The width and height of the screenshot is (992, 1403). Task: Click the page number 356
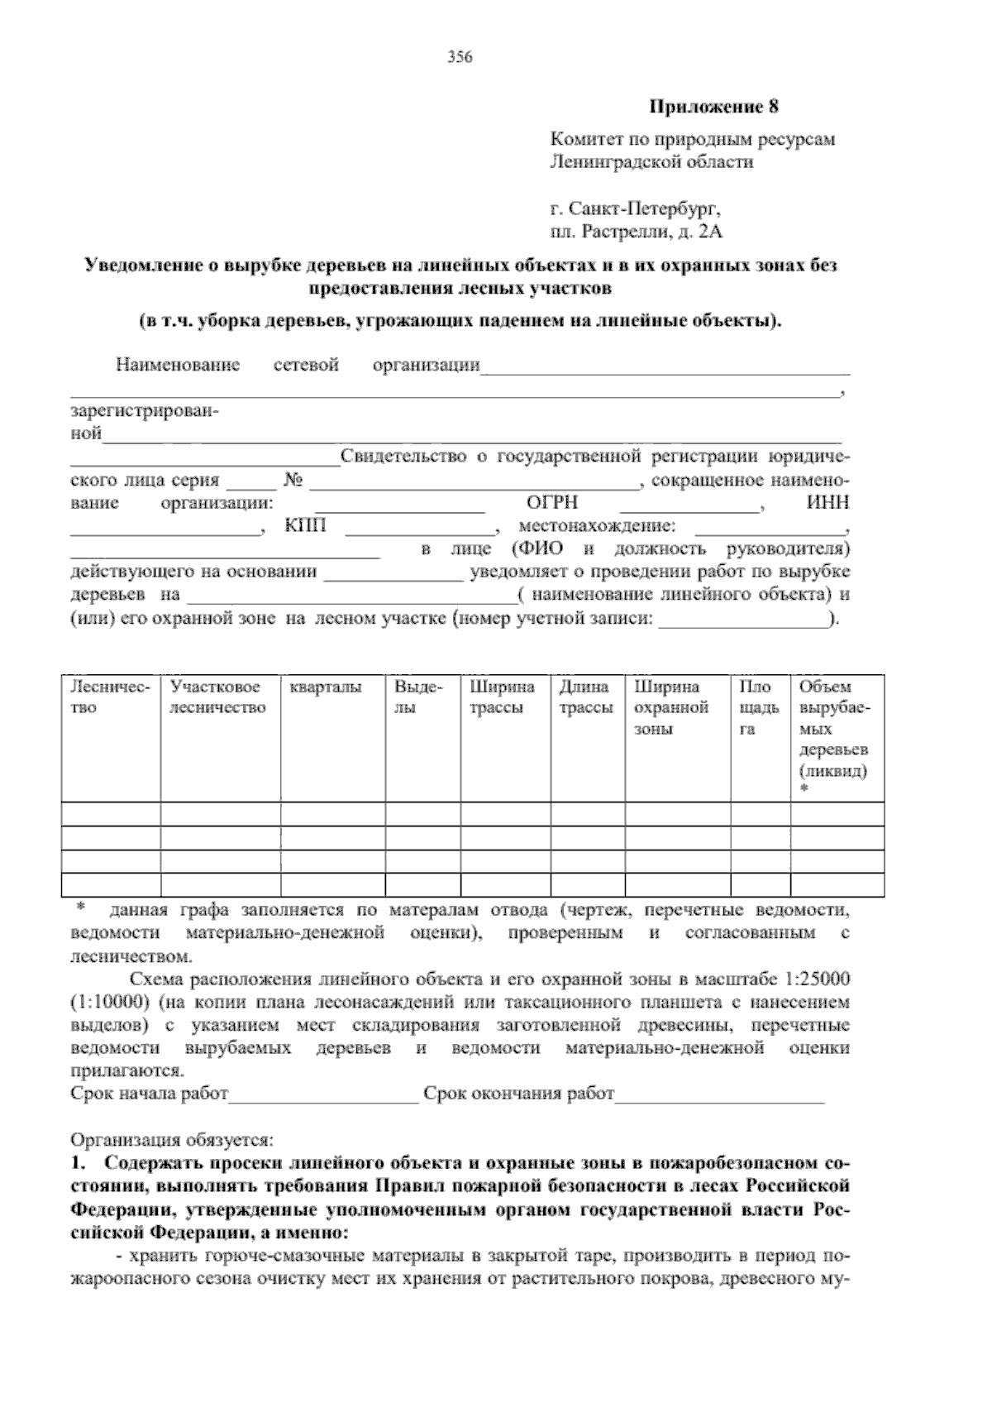point(459,57)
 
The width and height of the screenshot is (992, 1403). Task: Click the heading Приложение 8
point(713,108)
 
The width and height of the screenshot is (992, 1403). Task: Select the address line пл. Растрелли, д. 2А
point(637,232)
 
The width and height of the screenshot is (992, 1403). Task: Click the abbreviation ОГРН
point(551,503)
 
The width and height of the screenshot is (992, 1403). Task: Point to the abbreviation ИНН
point(828,503)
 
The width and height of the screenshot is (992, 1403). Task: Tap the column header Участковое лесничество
point(217,697)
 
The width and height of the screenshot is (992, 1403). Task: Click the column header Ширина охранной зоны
point(671,708)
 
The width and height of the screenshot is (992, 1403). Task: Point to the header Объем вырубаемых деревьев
point(834,729)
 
